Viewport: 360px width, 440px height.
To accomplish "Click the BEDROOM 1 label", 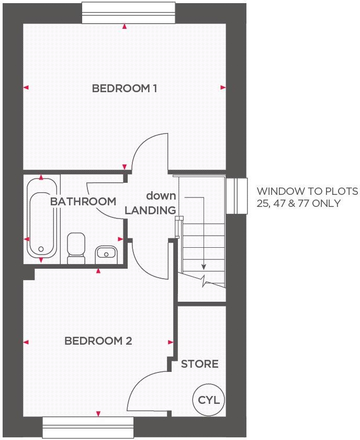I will (x=125, y=88).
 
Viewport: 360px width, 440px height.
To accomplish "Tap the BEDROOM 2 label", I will (x=98, y=341).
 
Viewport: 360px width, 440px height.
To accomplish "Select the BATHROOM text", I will (x=83, y=201).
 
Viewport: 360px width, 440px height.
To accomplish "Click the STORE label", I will (x=199, y=364).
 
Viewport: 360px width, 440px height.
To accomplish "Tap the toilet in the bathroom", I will (x=76, y=248).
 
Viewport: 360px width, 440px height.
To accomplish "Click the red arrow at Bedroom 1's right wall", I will (x=223, y=88).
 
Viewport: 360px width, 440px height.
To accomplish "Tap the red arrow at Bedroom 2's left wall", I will (x=26, y=342).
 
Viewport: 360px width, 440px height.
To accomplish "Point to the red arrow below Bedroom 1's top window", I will (x=124, y=26).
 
